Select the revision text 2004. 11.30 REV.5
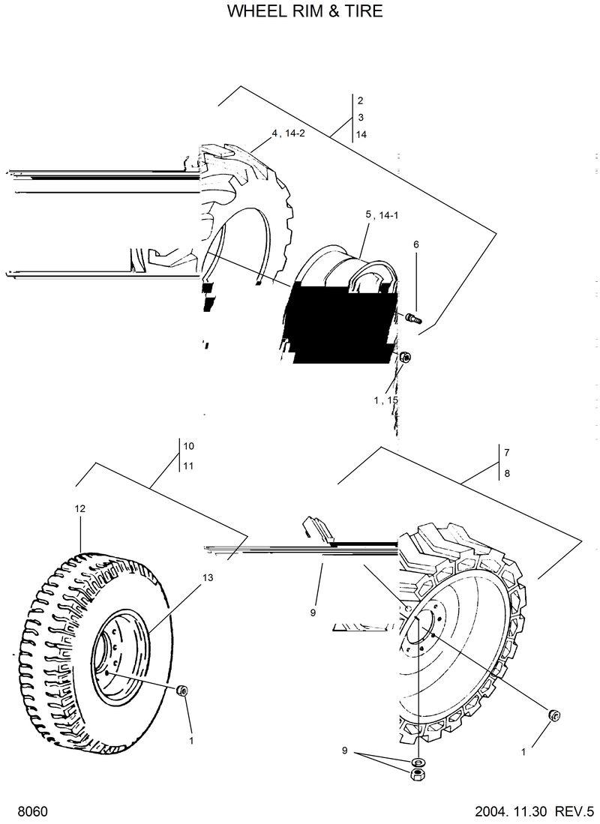pos(534,812)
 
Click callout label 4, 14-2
pos(289,133)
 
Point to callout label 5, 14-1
pos(382,215)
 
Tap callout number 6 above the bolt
pos(416,244)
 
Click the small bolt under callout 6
pos(413,319)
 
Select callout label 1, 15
pos(385,400)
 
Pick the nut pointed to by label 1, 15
pos(404,357)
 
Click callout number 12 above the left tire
pos(79,508)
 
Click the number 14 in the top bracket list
pos(361,135)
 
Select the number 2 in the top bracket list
pos(361,100)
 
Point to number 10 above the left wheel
pos(189,446)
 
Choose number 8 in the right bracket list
pos(507,473)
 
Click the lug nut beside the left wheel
pos(181,691)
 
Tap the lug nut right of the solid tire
pos(554,715)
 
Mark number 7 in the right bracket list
pos(507,453)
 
